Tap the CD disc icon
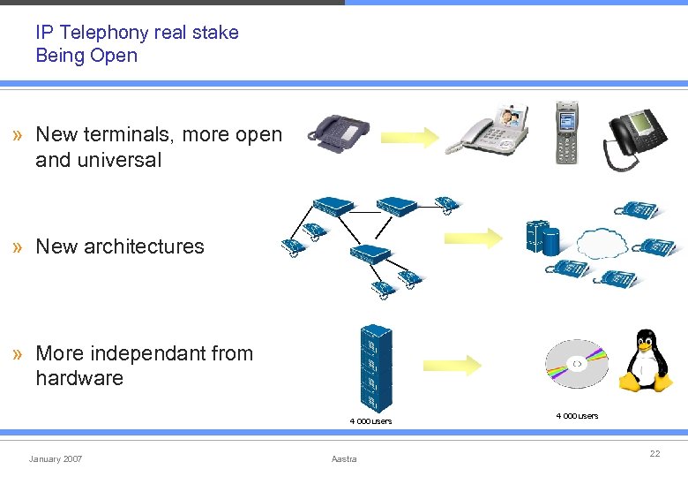pyautogui.click(x=576, y=364)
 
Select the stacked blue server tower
pyautogui.click(x=375, y=367)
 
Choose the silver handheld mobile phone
pyautogui.click(x=566, y=132)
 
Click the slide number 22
pyautogui.click(x=654, y=453)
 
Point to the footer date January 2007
pyautogui.click(x=56, y=459)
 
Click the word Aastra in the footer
pyautogui.click(x=344, y=459)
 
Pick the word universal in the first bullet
pyautogui.click(x=118, y=160)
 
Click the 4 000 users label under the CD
pyautogui.click(x=576, y=415)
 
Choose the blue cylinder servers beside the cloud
pyautogui.click(x=542, y=236)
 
